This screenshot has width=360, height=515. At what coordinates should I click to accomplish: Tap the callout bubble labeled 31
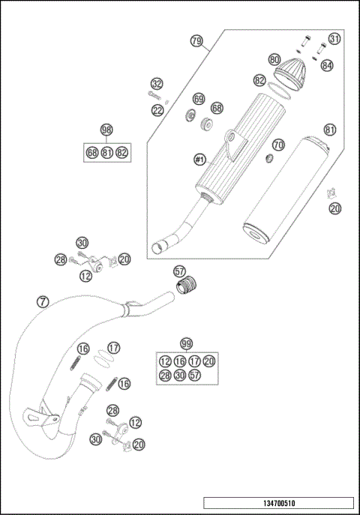tap(334, 39)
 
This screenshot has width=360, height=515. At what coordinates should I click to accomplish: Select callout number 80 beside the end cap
tap(274, 59)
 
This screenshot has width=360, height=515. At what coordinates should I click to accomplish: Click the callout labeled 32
tap(157, 83)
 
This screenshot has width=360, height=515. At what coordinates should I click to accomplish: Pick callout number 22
tap(157, 110)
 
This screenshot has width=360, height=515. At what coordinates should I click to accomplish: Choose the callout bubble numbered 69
tap(199, 99)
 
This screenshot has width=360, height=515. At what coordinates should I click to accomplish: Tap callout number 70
tap(278, 144)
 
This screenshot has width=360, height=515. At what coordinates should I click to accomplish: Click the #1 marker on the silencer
tap(199, 160)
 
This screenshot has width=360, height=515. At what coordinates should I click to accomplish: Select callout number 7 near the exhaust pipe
tap(43, 302)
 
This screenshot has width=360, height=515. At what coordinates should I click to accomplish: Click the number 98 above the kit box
tap(106, 130)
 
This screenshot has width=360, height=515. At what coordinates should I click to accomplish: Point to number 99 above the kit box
tap(186, 340)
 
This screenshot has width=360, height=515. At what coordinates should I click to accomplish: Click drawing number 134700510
tap(277, 504)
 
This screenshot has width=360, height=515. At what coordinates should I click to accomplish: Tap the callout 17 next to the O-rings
tap(113, 348)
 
